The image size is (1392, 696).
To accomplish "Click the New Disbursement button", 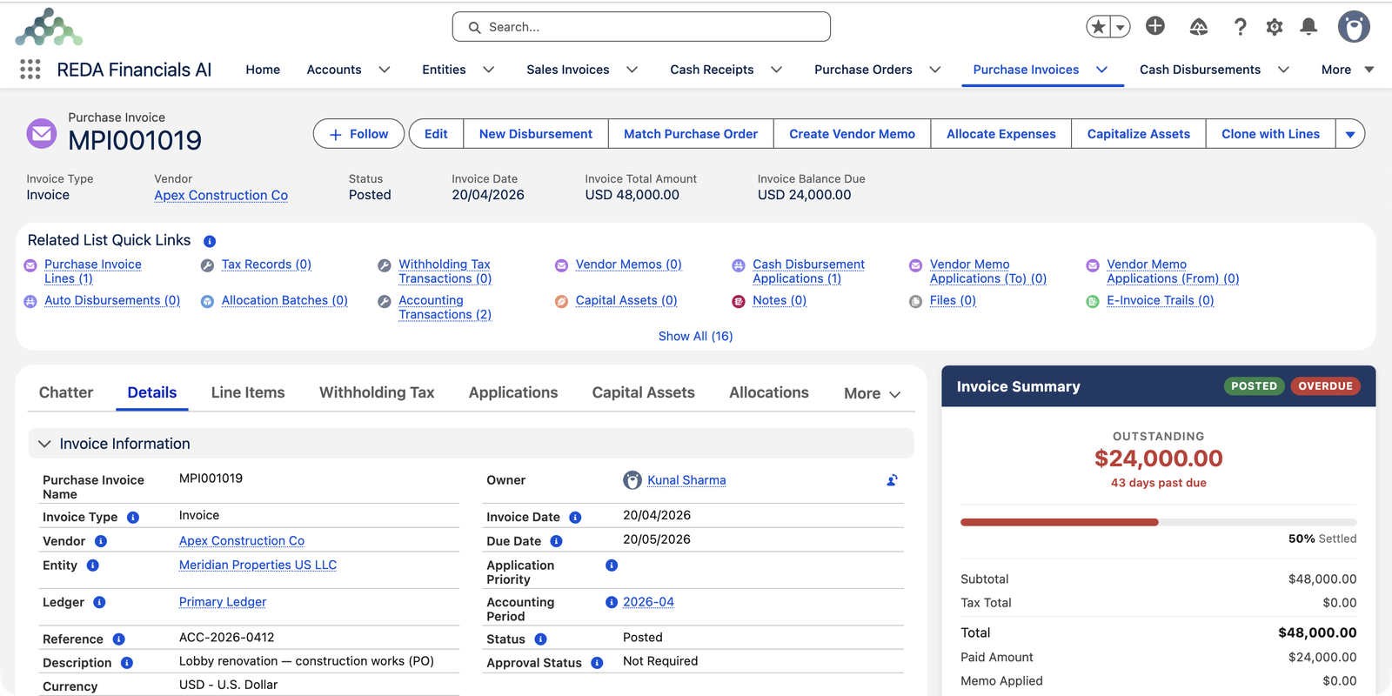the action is [536, 134].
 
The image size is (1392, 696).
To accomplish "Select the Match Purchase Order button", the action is [691, 134].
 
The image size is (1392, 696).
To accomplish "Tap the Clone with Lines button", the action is [1270, 134].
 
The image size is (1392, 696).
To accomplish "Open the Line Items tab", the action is [248, 392].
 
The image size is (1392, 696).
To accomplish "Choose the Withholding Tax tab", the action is [377, 392].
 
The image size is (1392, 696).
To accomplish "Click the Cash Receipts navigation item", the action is [712, 70].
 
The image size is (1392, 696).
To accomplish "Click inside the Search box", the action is [641, 27].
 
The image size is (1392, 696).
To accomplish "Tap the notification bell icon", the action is [1308, 26].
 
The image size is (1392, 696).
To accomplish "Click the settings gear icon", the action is [1274, 27].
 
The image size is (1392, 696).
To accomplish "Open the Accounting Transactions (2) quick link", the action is [445, 307].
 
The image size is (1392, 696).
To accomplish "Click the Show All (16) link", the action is [695, 336].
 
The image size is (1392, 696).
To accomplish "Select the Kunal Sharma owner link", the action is [686, 479].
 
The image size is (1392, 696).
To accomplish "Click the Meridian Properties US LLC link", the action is [258, 565].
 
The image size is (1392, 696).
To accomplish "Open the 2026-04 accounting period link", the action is [648, 601].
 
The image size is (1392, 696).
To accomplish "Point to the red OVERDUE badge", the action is [1326, 386].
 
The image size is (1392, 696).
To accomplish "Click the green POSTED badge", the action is [1254, 386].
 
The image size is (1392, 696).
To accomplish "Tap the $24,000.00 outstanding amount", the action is [1158, 458].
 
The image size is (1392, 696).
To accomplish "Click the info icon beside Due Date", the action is [556, 541].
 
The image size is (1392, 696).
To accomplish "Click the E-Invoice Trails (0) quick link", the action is [1161, 300].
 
